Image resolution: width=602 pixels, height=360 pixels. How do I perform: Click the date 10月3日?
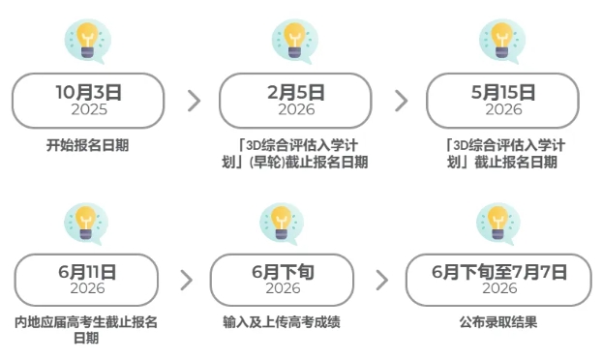[88, 93]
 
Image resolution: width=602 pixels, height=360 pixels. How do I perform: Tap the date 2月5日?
[295, 93]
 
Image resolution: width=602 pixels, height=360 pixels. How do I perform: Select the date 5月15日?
[502, 93]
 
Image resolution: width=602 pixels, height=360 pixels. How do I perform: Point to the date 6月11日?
[87, 273]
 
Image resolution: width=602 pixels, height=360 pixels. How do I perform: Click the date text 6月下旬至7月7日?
[499, 273]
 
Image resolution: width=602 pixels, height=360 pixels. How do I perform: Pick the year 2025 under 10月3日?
[88, 109]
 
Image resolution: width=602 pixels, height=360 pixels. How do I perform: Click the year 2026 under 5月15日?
[502, 109]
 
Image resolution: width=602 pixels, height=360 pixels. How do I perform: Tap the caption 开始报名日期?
[88, 146]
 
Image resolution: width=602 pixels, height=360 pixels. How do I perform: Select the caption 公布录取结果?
[498, 321]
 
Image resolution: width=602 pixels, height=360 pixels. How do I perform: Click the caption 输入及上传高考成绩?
[282, 321]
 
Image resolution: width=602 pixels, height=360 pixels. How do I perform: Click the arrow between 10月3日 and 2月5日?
[194, 101]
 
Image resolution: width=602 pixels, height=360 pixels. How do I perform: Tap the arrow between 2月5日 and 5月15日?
[401, 101]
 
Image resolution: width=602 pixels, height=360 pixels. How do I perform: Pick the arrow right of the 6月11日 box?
[186, 281]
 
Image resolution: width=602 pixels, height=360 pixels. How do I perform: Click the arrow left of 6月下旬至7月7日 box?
[381, 281]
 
